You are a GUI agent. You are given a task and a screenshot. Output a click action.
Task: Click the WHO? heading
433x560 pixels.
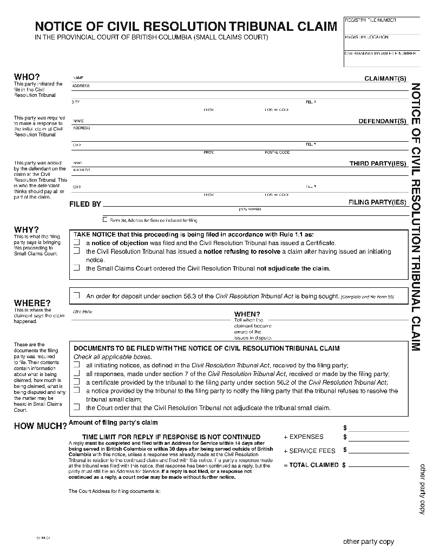tap(27, 77)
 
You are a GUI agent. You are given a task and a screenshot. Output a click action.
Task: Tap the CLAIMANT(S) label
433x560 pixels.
tap(385, 79)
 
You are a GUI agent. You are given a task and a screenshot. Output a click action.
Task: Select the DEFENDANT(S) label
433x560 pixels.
tap(382, 121)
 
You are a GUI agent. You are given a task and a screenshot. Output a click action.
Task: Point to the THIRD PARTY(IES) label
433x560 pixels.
tap(377, 163)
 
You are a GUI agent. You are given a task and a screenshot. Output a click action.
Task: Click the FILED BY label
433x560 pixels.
tap(85, 205)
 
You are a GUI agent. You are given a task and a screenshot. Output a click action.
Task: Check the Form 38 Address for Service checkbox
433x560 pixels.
tap(105, 220)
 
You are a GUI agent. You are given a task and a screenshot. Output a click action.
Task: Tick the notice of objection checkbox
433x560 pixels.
tap(76, 243)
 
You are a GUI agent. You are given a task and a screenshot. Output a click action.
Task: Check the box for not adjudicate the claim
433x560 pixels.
tap(76, 268)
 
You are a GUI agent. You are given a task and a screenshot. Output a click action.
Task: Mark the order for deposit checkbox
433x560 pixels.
tap(76, 295)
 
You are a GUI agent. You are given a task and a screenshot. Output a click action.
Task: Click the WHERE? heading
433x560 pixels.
tap(32, 303)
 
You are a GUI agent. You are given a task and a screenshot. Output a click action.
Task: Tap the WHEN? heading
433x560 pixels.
tap(247, 314)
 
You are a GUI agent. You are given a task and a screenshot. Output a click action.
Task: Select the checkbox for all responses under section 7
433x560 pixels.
tap(76, 374)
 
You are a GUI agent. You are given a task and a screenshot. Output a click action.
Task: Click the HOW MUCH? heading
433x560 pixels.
tap(40, 426)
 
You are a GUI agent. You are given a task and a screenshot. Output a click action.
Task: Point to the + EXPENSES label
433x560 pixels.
tap(304, 437)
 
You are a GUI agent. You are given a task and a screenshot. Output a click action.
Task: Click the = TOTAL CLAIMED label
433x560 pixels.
tap(311, 465)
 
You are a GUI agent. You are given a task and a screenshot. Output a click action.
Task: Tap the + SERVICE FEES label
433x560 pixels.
tap(309, 451)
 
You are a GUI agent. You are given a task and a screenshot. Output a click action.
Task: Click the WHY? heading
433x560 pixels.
tap(26, 229)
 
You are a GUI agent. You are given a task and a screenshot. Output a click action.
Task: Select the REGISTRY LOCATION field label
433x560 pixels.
tap(366, 37)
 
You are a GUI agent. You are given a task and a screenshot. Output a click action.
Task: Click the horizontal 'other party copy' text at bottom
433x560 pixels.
tap(369, 542)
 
